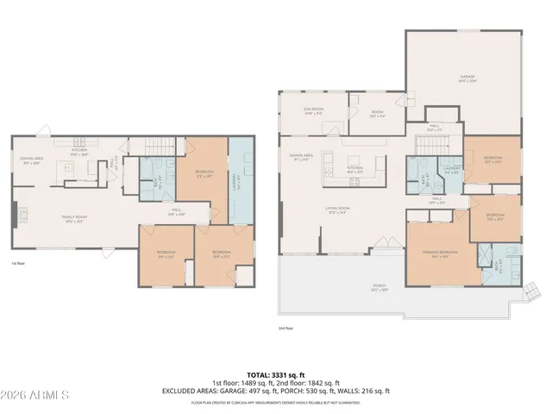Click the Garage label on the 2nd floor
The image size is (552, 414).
(467, 78)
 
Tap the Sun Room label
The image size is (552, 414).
(312, 111)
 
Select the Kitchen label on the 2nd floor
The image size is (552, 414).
(354, 170)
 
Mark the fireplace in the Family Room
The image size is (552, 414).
(14, 214)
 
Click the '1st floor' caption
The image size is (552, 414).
(18, 262)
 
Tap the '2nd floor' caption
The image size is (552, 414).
(285, 328)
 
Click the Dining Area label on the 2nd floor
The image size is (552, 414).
(301, 158)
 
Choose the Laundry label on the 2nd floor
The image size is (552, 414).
(451, 170)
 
